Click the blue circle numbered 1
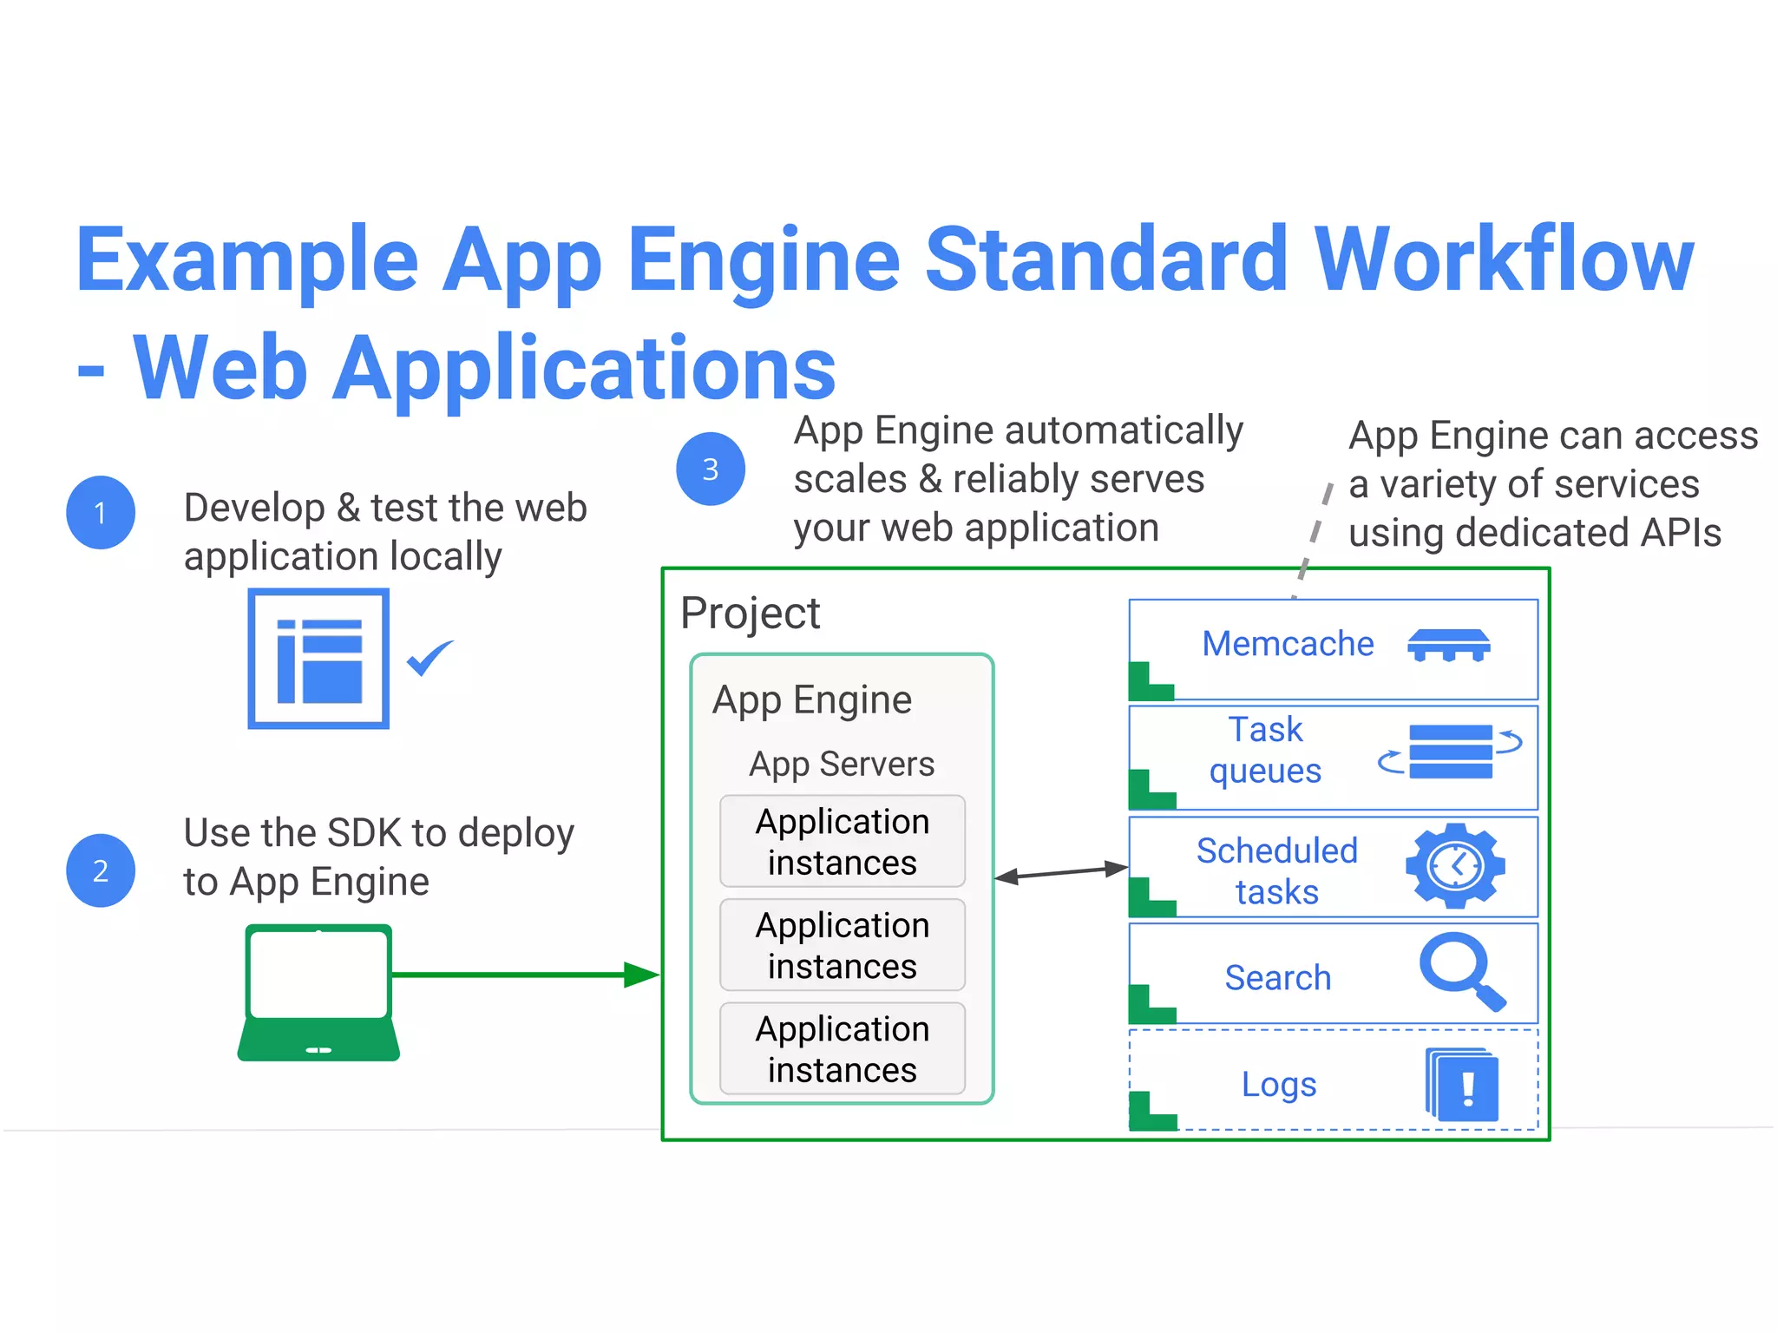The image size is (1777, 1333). tap(101, 513)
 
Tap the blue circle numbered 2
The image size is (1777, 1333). tap(101, 870)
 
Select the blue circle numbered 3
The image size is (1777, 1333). tap(711, 469)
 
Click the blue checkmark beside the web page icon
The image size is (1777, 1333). tap(429, 659)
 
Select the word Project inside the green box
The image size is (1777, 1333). tap(750, 613)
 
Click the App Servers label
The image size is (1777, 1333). tap(842, 764)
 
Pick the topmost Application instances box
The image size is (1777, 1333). tap(842, 841)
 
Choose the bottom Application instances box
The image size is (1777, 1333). tap(842, 1048)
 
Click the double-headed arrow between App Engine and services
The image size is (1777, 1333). tap(1060, 872)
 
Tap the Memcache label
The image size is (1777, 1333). tap(1288, 644)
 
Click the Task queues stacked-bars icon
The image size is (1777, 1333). tap(1451, 752)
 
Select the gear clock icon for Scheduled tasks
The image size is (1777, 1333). tap(1455, 866)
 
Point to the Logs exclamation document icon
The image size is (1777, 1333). tap(1463, 1085)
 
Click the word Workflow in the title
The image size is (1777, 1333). tap(1503, 259)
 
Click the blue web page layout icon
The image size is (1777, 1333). tap(318, 659)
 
